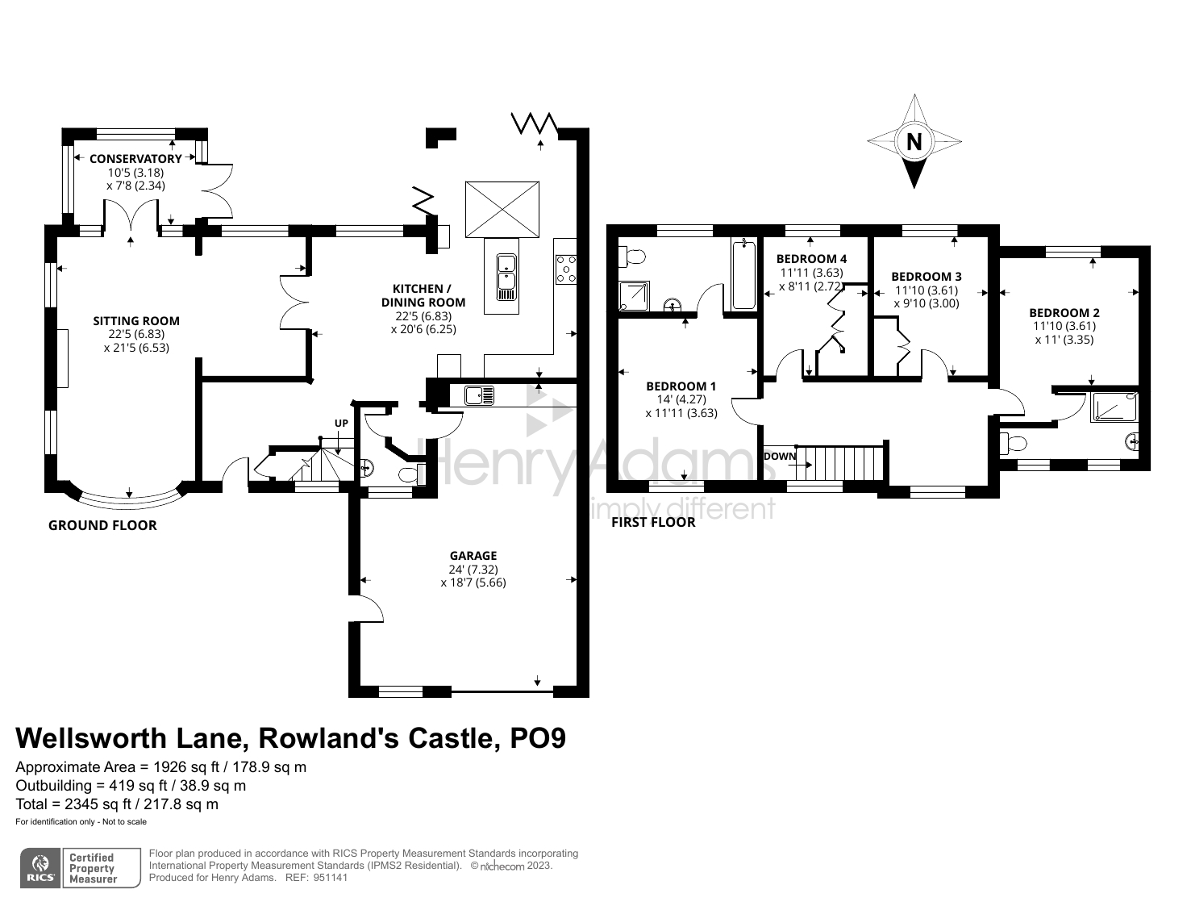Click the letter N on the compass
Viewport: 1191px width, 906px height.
click(x=914, y=142)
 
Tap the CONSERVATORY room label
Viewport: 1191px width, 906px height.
click(x=135, y=159)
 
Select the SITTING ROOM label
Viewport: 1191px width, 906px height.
click(x=136, y=320)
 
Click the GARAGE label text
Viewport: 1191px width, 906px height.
click(x=473, y=555)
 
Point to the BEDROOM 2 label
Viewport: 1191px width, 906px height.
click(x=1064, y=312)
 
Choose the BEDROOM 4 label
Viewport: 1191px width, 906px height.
click(x=811, y=258)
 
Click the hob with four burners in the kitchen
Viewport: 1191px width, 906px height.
click(x=566, y=269)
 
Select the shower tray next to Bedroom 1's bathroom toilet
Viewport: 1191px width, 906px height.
click(x=634, y=296)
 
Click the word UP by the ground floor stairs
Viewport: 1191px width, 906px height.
click(x=342, y=424)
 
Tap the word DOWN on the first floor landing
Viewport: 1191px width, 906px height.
click(x=780, y=456)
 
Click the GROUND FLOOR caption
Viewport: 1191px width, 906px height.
click(x=102, y=525)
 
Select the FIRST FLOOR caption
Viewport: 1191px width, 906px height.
click(x=653, y=522)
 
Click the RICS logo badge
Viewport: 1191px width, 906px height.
click(x=40, y=868)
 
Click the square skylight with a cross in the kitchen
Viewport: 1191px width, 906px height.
click(x=502, y=210)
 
